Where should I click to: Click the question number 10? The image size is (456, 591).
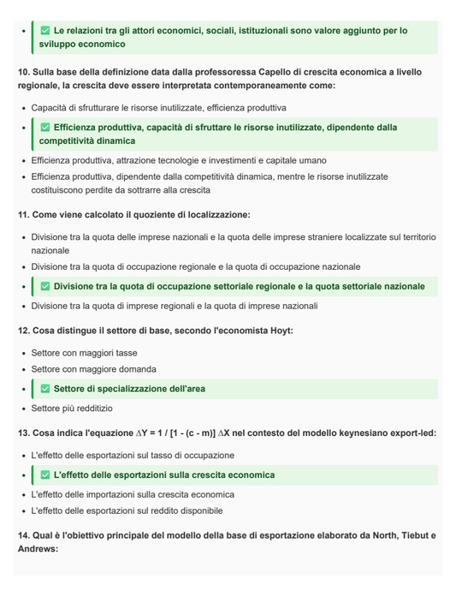click(x=23, y=73)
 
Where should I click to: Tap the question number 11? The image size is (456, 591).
click(x=23, y=215)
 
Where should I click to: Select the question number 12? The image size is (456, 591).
click(x=23, y=331)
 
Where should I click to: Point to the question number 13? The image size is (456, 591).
click(x=23, y=433)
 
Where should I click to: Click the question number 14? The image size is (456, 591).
click(x=23, y=535)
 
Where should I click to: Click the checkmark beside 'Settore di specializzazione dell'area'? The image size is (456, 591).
click(x=45, y=389)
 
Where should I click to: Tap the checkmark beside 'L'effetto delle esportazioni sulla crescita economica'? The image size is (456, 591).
click(x=45, y=475)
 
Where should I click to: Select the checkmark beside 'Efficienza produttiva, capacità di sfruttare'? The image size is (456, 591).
click(x=45, y=128)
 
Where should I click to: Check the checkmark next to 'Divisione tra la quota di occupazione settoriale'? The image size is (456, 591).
click(x=45, y=286)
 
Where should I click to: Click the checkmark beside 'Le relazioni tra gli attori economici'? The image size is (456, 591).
click(x=45, y=31)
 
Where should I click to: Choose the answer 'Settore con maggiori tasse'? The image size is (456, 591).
click(x=84, y=353)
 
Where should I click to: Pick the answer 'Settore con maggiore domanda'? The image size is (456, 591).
click(x=93, y=369)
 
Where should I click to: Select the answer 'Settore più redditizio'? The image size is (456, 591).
click(x=72, y=409)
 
